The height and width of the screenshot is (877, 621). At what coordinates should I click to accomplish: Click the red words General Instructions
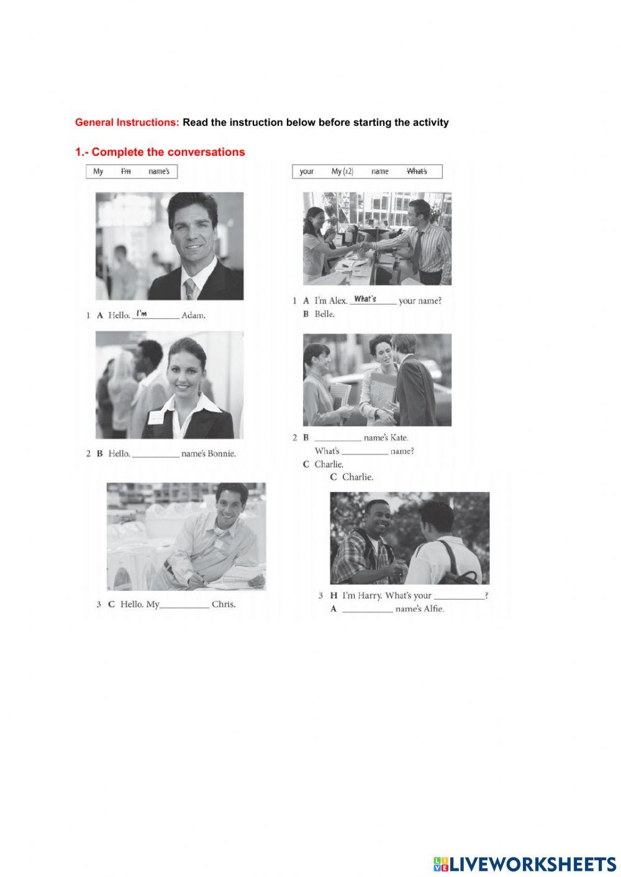tap(127, 122)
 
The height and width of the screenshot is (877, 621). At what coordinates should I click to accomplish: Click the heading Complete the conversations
tap(168, 152)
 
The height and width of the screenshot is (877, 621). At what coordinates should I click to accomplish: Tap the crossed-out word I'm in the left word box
tap(126, 171)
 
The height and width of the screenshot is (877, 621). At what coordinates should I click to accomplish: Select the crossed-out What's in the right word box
tap(417, 171)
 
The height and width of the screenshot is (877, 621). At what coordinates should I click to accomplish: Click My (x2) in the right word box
tap(342, 171)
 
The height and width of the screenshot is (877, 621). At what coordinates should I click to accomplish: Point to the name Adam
tap(193, 315)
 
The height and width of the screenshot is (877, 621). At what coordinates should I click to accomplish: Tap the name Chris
tap(224, 604)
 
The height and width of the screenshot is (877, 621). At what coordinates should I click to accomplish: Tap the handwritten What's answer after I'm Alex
tap(365, 299)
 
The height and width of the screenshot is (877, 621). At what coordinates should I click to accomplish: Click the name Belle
tap(324, 314)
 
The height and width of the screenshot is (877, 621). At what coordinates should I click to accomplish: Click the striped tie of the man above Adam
tap(190, 289)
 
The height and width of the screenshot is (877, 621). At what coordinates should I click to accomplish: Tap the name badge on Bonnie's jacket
tap(157, 417)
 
